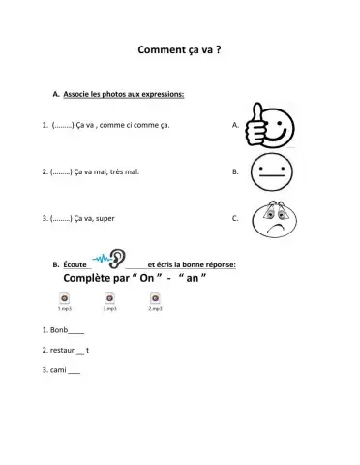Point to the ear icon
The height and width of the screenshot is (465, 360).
[x=115, y=260]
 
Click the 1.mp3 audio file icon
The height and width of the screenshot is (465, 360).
[x=64, y=300]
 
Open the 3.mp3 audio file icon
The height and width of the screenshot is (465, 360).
[x=109, y=300]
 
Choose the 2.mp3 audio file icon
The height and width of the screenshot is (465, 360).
[x=155, y=300]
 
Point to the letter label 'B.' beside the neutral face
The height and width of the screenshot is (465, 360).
[x=236, y=172]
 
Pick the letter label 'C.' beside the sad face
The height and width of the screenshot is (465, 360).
[x=236, y=219]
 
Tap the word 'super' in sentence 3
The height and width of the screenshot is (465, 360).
[x=105, y=219]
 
